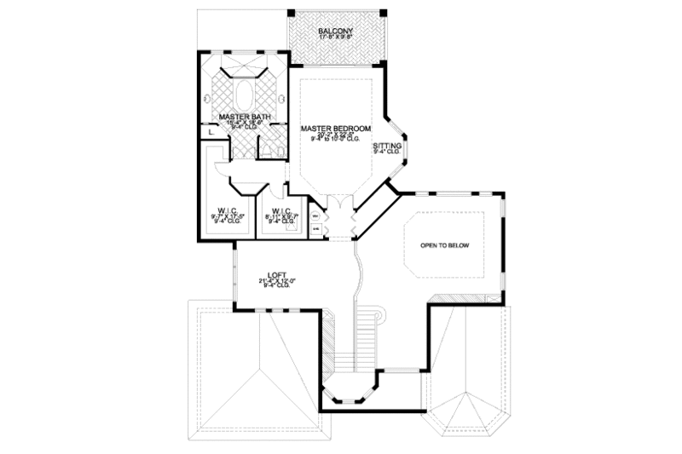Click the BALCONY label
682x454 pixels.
point(336,31)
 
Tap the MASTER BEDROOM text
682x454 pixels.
point(336,128)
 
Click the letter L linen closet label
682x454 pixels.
point(210,132)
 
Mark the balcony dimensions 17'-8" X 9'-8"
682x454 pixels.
point(336,38)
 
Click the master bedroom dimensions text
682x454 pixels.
point(336,135)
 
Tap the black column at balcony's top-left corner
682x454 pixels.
point(290,14)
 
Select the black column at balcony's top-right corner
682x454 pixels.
point(384,14)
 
